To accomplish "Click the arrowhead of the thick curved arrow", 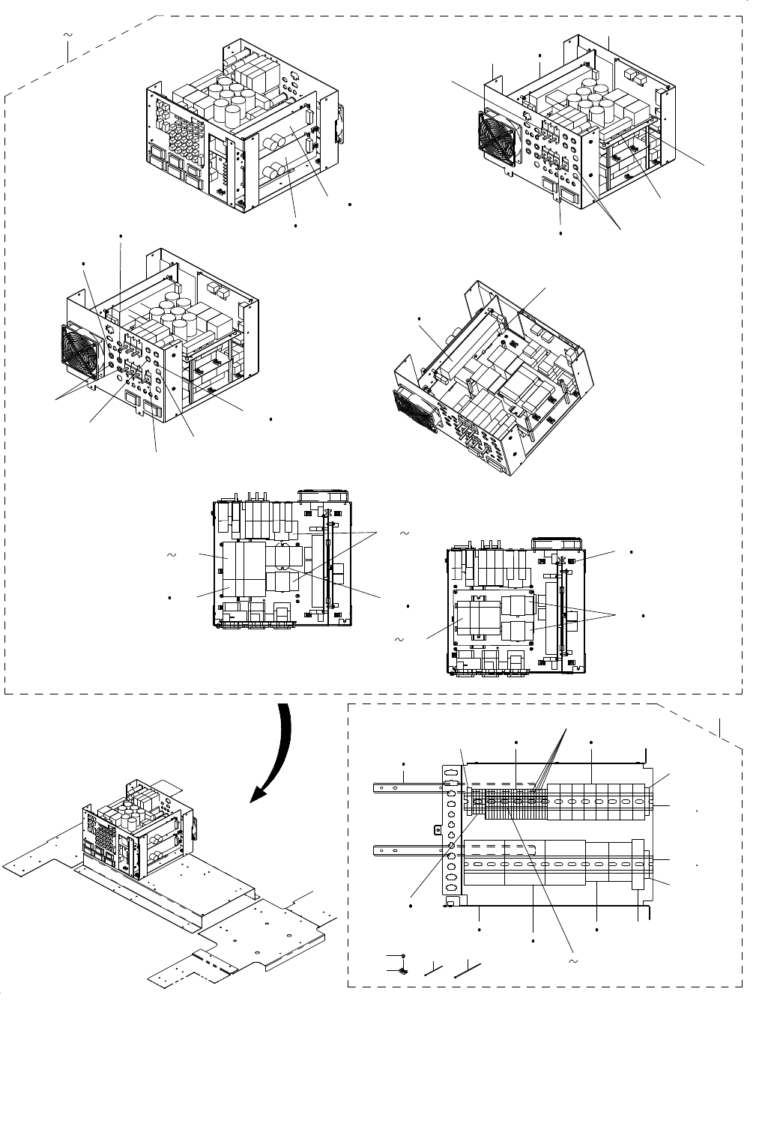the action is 261,793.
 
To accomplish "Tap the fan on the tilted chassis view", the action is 414,411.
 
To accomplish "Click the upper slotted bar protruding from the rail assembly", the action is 405,787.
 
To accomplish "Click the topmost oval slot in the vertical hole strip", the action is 451,772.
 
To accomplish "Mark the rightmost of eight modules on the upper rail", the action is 638,800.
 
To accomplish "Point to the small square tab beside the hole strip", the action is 438,829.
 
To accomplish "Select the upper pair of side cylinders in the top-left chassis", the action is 279,138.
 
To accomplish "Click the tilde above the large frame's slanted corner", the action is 68,35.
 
